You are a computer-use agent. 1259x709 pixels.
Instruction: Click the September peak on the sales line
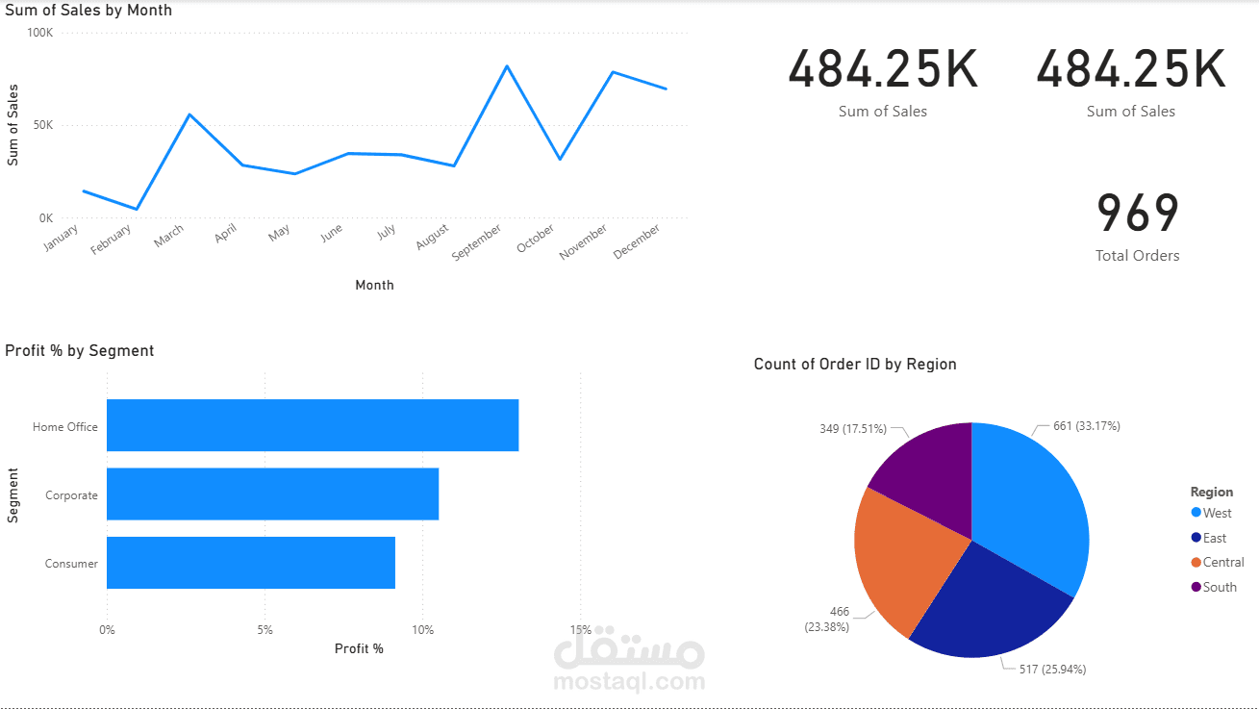507,66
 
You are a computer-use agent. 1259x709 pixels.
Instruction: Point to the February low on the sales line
137,209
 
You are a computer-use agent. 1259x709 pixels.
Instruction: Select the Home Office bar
313,425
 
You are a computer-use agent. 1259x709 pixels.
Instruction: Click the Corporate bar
272,494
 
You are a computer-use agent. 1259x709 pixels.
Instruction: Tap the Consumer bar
250,563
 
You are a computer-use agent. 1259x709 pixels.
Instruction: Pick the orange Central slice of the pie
904,558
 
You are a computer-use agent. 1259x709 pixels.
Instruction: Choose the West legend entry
1217,514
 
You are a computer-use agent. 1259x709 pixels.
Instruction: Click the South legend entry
1219,587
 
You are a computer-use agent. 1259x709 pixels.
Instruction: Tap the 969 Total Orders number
1137,214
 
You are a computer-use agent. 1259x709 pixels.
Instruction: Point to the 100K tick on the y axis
40,33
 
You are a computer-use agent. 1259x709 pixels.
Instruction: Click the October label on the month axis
536,240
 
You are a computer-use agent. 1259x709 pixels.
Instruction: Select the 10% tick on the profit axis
423,630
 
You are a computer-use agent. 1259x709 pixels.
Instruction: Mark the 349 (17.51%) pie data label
852,429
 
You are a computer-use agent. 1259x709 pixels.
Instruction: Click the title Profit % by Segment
80,351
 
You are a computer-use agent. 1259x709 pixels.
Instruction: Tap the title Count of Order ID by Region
855,364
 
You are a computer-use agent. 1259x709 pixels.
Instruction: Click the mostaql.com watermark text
629,682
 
